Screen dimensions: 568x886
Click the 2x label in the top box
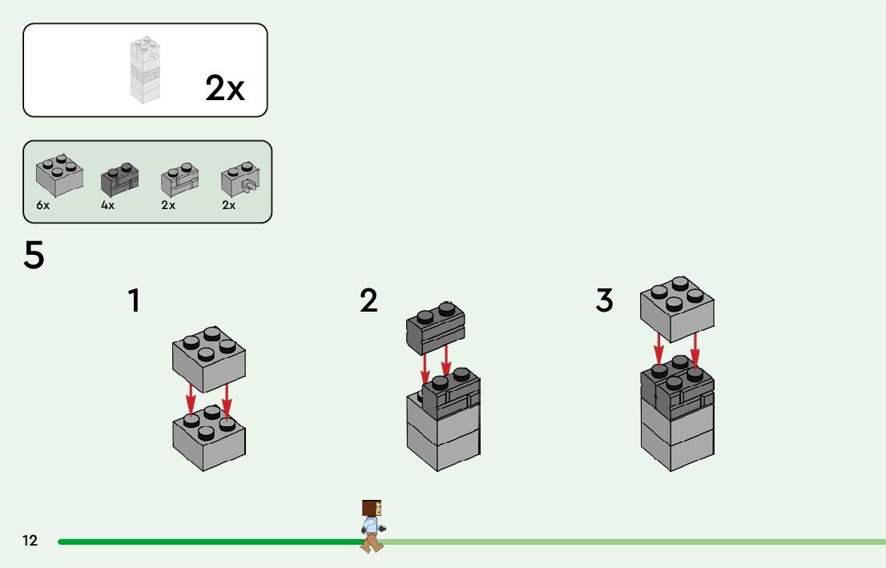pos(224,88)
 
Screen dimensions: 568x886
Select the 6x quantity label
pos(43,205)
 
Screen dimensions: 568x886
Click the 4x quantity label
pos(107,205)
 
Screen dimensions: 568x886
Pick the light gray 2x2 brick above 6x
pos(58,173)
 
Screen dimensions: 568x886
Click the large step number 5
pos(34,256)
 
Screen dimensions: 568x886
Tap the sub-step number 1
pos(134,301)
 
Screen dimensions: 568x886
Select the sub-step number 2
pos(368,301)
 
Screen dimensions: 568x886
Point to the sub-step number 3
pos(604,301)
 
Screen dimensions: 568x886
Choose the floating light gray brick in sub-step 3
pos(677,308)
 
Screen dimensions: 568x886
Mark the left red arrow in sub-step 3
pos(658,351)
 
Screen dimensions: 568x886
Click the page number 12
pos(30,541)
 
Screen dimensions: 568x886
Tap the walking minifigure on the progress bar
pos(372,526)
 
